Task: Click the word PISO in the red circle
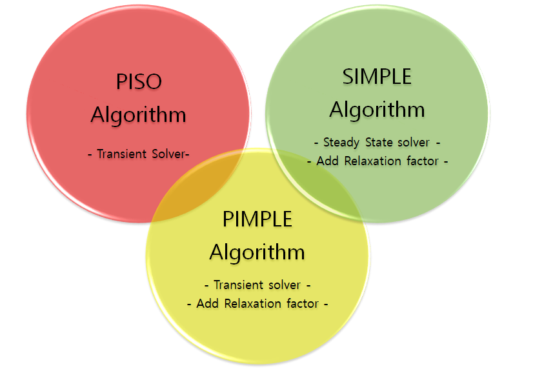[x=139, y=82]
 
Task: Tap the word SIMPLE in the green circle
[x=377, y=76]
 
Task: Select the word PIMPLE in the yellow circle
[x=257, y=219]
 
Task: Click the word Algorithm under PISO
[x=139, y=115]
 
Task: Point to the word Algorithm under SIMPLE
[x=377, y=109]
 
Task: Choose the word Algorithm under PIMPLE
[x=257, y=251]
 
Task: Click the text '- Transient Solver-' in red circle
[x=138, y=154]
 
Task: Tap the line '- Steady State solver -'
[x=377, y=142]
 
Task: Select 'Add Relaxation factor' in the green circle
[x=377, y=161]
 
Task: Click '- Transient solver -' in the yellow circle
[x=257, y=285]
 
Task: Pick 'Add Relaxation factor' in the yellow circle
[x=257, y=303]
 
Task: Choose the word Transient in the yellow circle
[x=238, y=285]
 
